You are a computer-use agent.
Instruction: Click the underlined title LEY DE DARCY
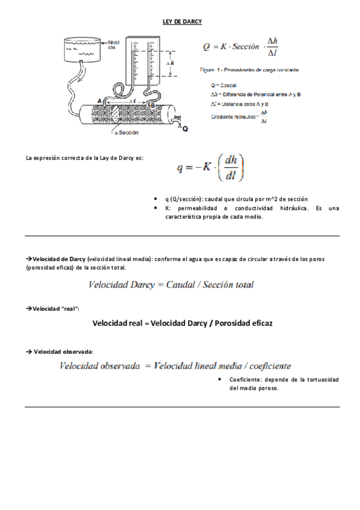tap(182, 22)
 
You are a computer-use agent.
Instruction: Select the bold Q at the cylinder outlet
tap(185, 129)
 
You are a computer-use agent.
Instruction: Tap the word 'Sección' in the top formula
tap(246, 46)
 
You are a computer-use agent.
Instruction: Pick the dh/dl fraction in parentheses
tap(230, 168)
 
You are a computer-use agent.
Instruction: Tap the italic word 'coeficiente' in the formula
tap(266, 365)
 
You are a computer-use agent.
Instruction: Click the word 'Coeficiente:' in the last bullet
tap(246, 379)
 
